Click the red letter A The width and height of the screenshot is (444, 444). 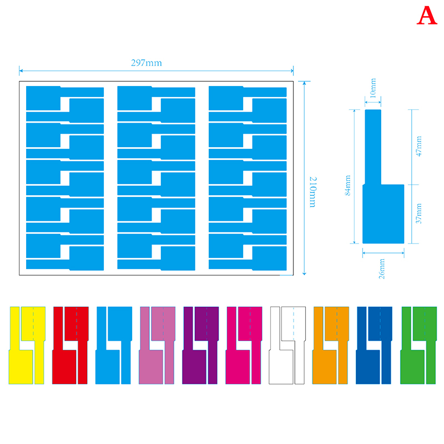coord(427,16)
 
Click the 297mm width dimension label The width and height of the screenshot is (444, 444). coord(147,63)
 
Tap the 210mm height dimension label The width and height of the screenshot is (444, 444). coord(313,192)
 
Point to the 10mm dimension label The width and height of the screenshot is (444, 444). coord(373,88)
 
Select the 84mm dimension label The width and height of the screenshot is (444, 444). coord(348,185)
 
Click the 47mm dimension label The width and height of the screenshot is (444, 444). coord(419,146)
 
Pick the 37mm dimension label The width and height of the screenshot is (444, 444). coord(419,214)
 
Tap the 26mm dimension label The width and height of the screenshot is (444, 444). coord(382,269)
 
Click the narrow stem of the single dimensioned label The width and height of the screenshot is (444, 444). coord(373,147)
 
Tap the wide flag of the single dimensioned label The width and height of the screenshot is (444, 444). coord(384,214)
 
